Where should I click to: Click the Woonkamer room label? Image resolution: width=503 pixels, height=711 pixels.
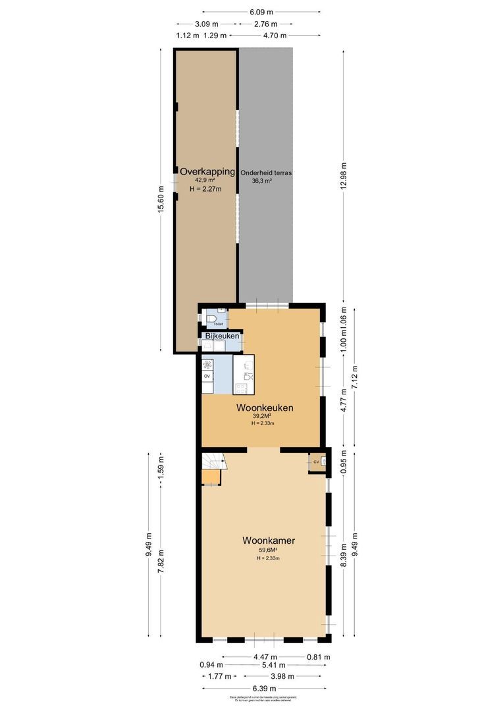point(268,541)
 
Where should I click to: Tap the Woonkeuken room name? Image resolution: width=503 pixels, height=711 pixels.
point(264,408)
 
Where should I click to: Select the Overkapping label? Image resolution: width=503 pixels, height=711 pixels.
point(207,171)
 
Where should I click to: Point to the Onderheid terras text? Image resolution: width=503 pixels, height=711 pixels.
point(265,172)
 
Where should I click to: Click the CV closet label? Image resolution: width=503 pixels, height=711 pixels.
point(316,461)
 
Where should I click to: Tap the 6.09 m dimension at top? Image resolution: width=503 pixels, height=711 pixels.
point(261,12)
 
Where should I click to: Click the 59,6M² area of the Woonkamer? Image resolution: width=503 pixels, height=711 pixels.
point(268,550)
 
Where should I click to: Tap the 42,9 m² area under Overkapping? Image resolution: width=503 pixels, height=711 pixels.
point(204,180)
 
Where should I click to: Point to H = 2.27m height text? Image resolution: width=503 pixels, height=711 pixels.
point(205,188)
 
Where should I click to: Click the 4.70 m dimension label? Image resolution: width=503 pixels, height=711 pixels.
point(275,36)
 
